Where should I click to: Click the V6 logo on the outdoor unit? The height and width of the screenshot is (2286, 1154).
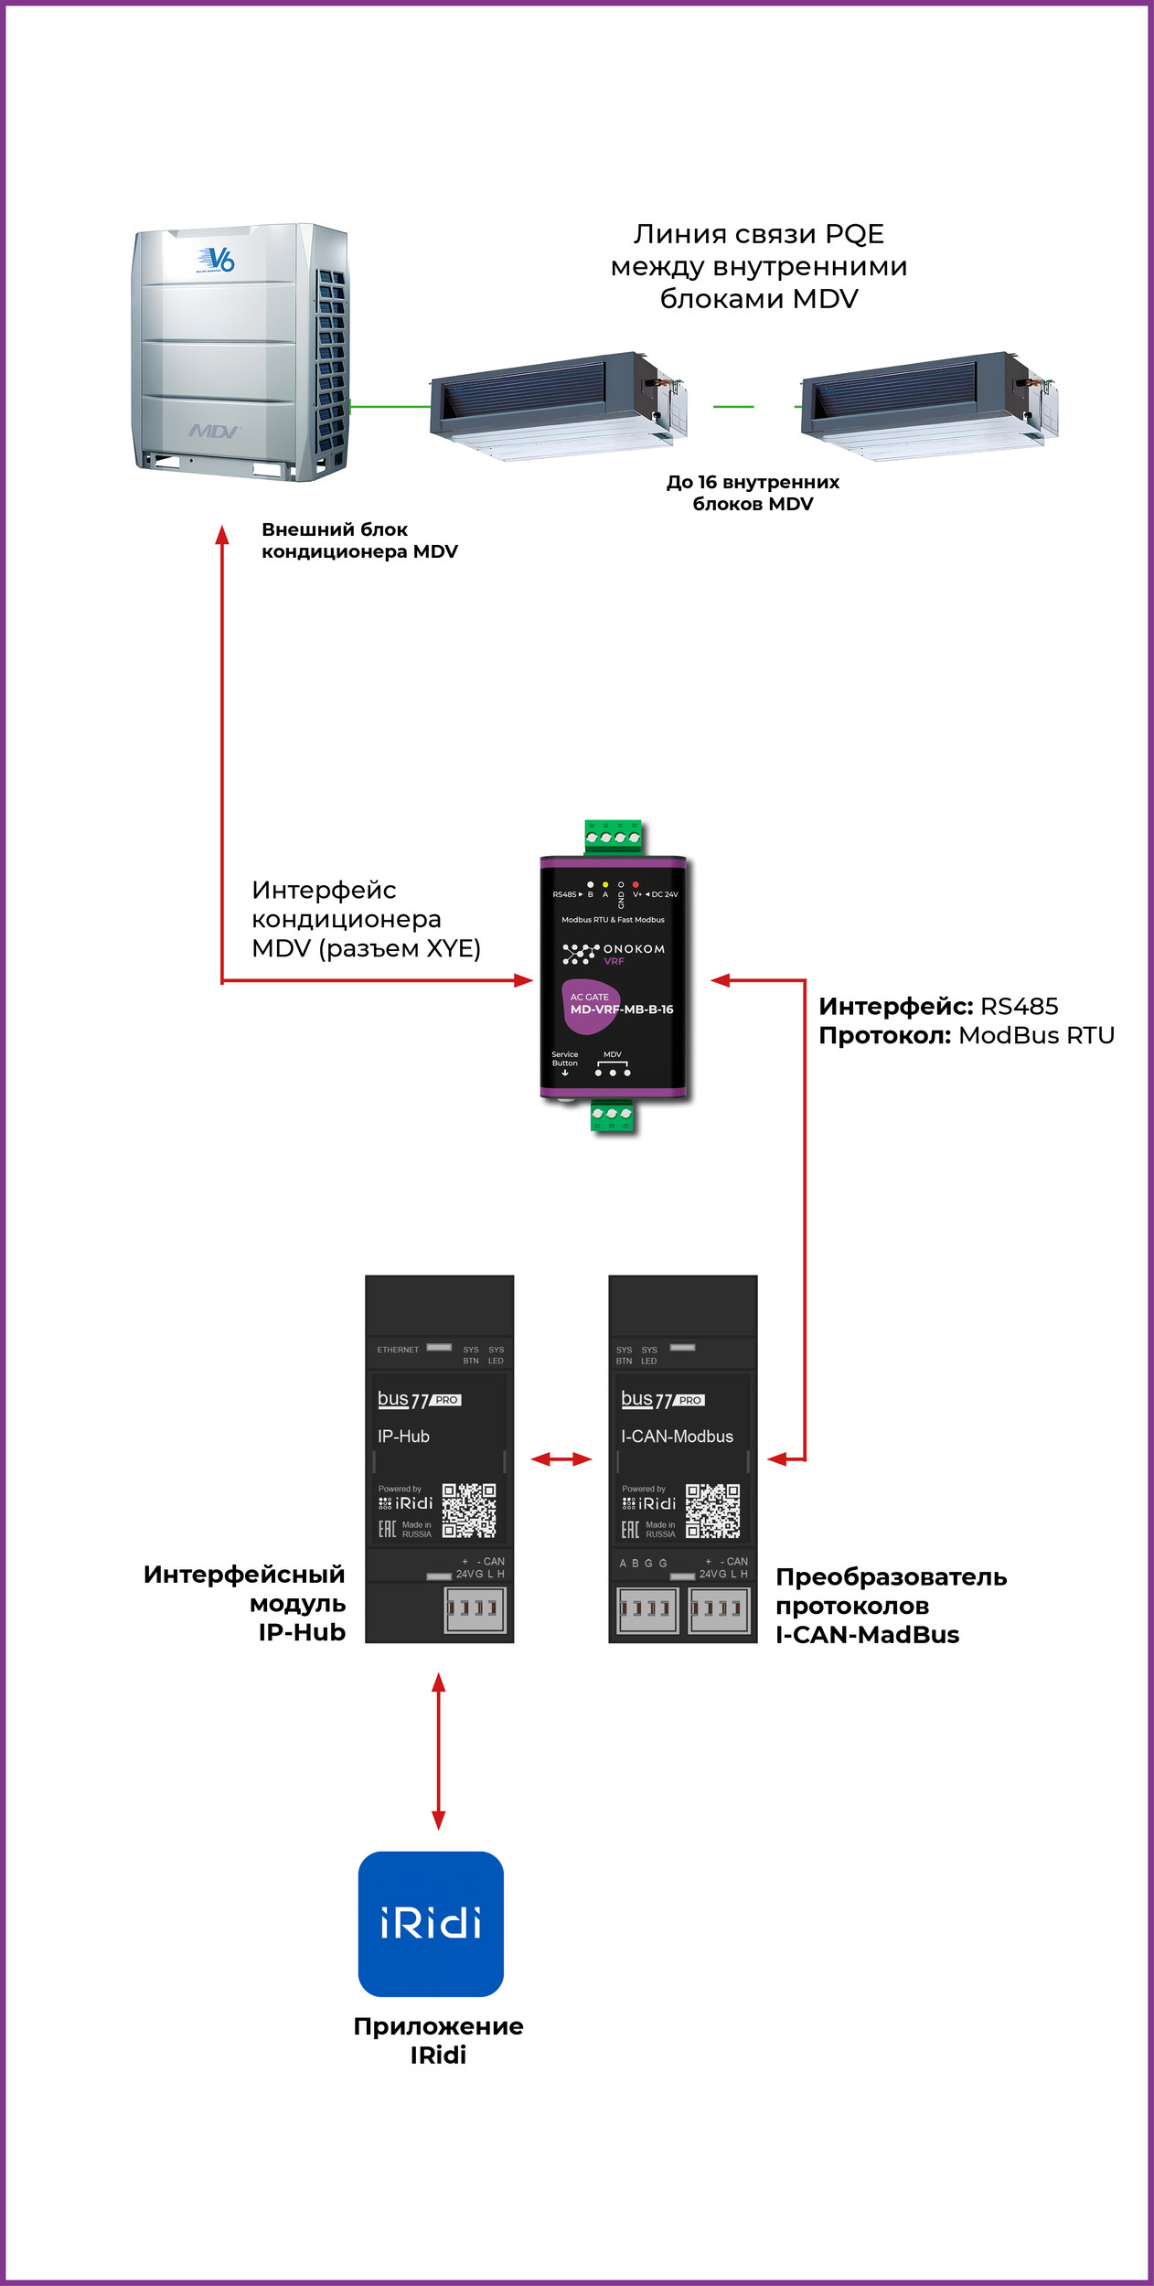pos(217,260)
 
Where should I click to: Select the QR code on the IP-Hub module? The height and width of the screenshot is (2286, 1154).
pos(469,1511)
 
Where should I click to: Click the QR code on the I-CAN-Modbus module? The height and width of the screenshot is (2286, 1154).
pos(712,1511)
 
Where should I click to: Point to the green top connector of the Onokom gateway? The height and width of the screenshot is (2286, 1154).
pos(613,836)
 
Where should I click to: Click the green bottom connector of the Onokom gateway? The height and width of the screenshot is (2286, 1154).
pos(612,1115)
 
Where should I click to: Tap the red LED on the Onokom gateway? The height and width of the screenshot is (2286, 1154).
pos(636,884)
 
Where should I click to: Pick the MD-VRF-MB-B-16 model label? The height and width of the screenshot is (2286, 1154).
pos(622,1009)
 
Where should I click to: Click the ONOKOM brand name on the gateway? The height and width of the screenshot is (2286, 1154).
pos(634,949)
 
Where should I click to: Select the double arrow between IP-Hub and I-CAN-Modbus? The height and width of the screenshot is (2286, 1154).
pos(561,1459)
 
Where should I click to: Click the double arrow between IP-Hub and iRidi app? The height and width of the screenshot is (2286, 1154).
pos(439,1750)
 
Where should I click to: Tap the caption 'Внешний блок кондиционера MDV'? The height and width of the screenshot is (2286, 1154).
pos(359,540)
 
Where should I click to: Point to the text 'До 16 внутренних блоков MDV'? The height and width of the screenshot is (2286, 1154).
pos(753,493)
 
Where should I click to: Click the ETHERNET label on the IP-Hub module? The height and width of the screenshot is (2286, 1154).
pos(398,1350)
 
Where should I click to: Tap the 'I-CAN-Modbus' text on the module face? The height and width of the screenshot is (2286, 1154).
pos(677,1437)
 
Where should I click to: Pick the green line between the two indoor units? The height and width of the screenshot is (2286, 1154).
pos(733,406)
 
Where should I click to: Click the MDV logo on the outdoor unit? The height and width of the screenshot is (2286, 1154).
pos(214,431)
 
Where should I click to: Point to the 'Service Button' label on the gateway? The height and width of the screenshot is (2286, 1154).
pos(564,1059)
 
